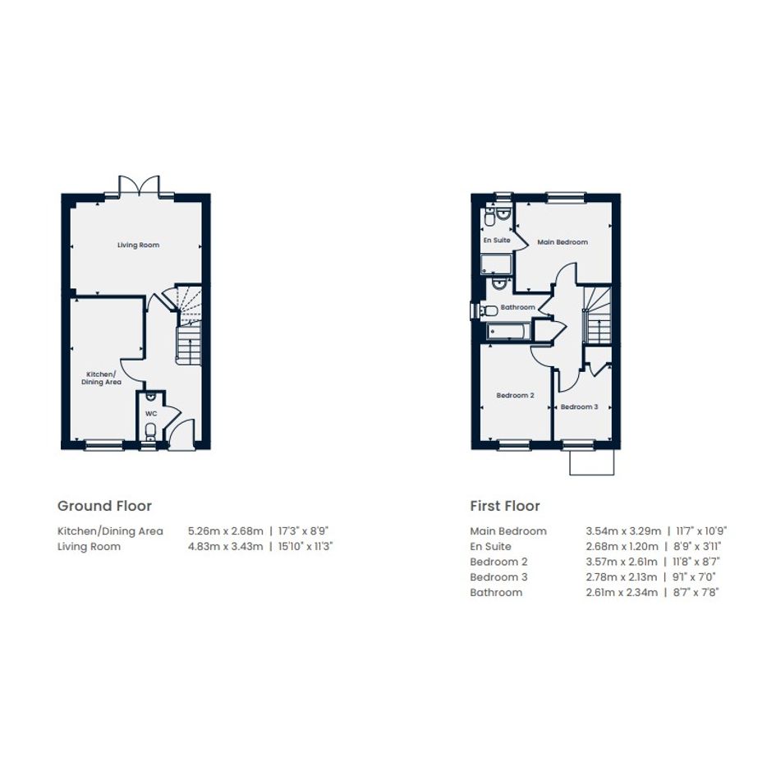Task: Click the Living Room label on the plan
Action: click(x=138, y=245)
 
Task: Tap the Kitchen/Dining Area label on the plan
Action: click(x=102, y=378)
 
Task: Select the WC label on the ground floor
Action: click(x=151, y=414)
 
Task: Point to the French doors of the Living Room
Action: click(x=140, y=186)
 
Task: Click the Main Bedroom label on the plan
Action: click(x=562, y=242)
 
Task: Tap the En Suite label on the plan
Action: click(x=497, y=240)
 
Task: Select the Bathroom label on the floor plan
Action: click(x=517, y=307)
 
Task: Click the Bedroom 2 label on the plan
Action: click(x=515, y=396)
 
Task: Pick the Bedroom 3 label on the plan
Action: click(x=579, y=406)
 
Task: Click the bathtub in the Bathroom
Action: click(x=509, y=331)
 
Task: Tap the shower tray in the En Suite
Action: click(x=497, y=264)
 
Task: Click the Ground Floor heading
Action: click(x=105, y=506)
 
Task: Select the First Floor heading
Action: click(x=505, y=506)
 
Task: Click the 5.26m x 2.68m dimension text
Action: click(x=226, y=531)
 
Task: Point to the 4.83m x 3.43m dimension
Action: click(x=226, y=546)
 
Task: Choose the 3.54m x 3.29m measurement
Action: click(x=623, y=531)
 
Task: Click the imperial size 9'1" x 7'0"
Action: click(x=695, y=577)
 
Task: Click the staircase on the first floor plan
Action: click(x=598, y=315)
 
